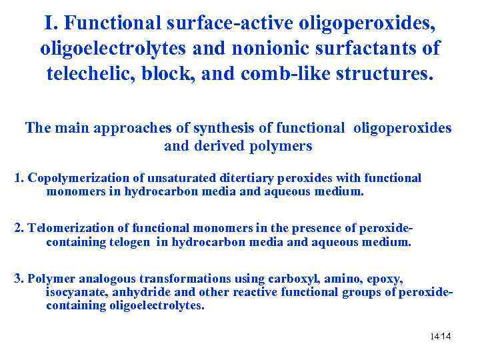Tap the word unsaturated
point(167,178)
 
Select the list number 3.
point(19,278)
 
